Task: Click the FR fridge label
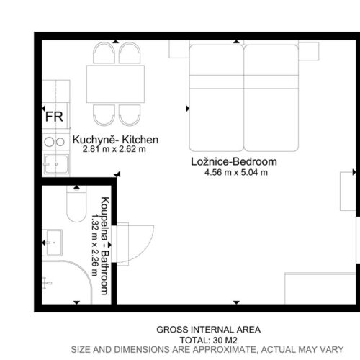(54, 117)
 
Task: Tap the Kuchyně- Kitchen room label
(115, 140)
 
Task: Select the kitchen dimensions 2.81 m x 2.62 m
(114, 149)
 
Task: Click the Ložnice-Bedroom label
(234, 161)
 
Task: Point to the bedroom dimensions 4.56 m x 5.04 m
(236, 172)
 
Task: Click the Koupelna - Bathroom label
(105, 246)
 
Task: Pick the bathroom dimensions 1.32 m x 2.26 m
(95, 245)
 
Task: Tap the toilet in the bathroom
(76, 204)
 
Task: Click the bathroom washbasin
(53, 243)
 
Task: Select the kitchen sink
(56, 164)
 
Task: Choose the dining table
(115, 84)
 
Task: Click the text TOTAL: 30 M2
(209, 341)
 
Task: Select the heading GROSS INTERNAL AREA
(209, 330)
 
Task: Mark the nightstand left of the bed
(179, 49)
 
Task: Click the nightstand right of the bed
(309, 51)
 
